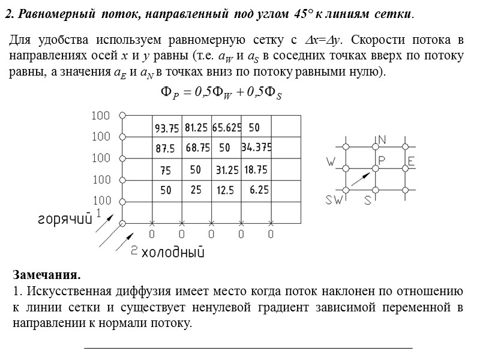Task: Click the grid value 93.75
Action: pyautogui.click(x=167, y=128)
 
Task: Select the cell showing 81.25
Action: pyautogui.click(x=197, y=128)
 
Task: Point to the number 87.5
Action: pyautogui.click(x=165, y=148)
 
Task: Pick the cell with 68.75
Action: pyautogui.click(x=197, y=147)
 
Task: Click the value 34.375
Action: pyautogui.click(x=257, y=147)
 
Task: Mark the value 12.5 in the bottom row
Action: pyautogui.click(x=225, y=190)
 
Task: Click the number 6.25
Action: pyautogui.click(x=259, y=190)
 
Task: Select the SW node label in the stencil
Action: pyautogui.click(x=334, y=201)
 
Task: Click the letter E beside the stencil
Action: pyautogui.click(x=411, y=161)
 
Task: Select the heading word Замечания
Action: pyautogui.click(x=46, y=276)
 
